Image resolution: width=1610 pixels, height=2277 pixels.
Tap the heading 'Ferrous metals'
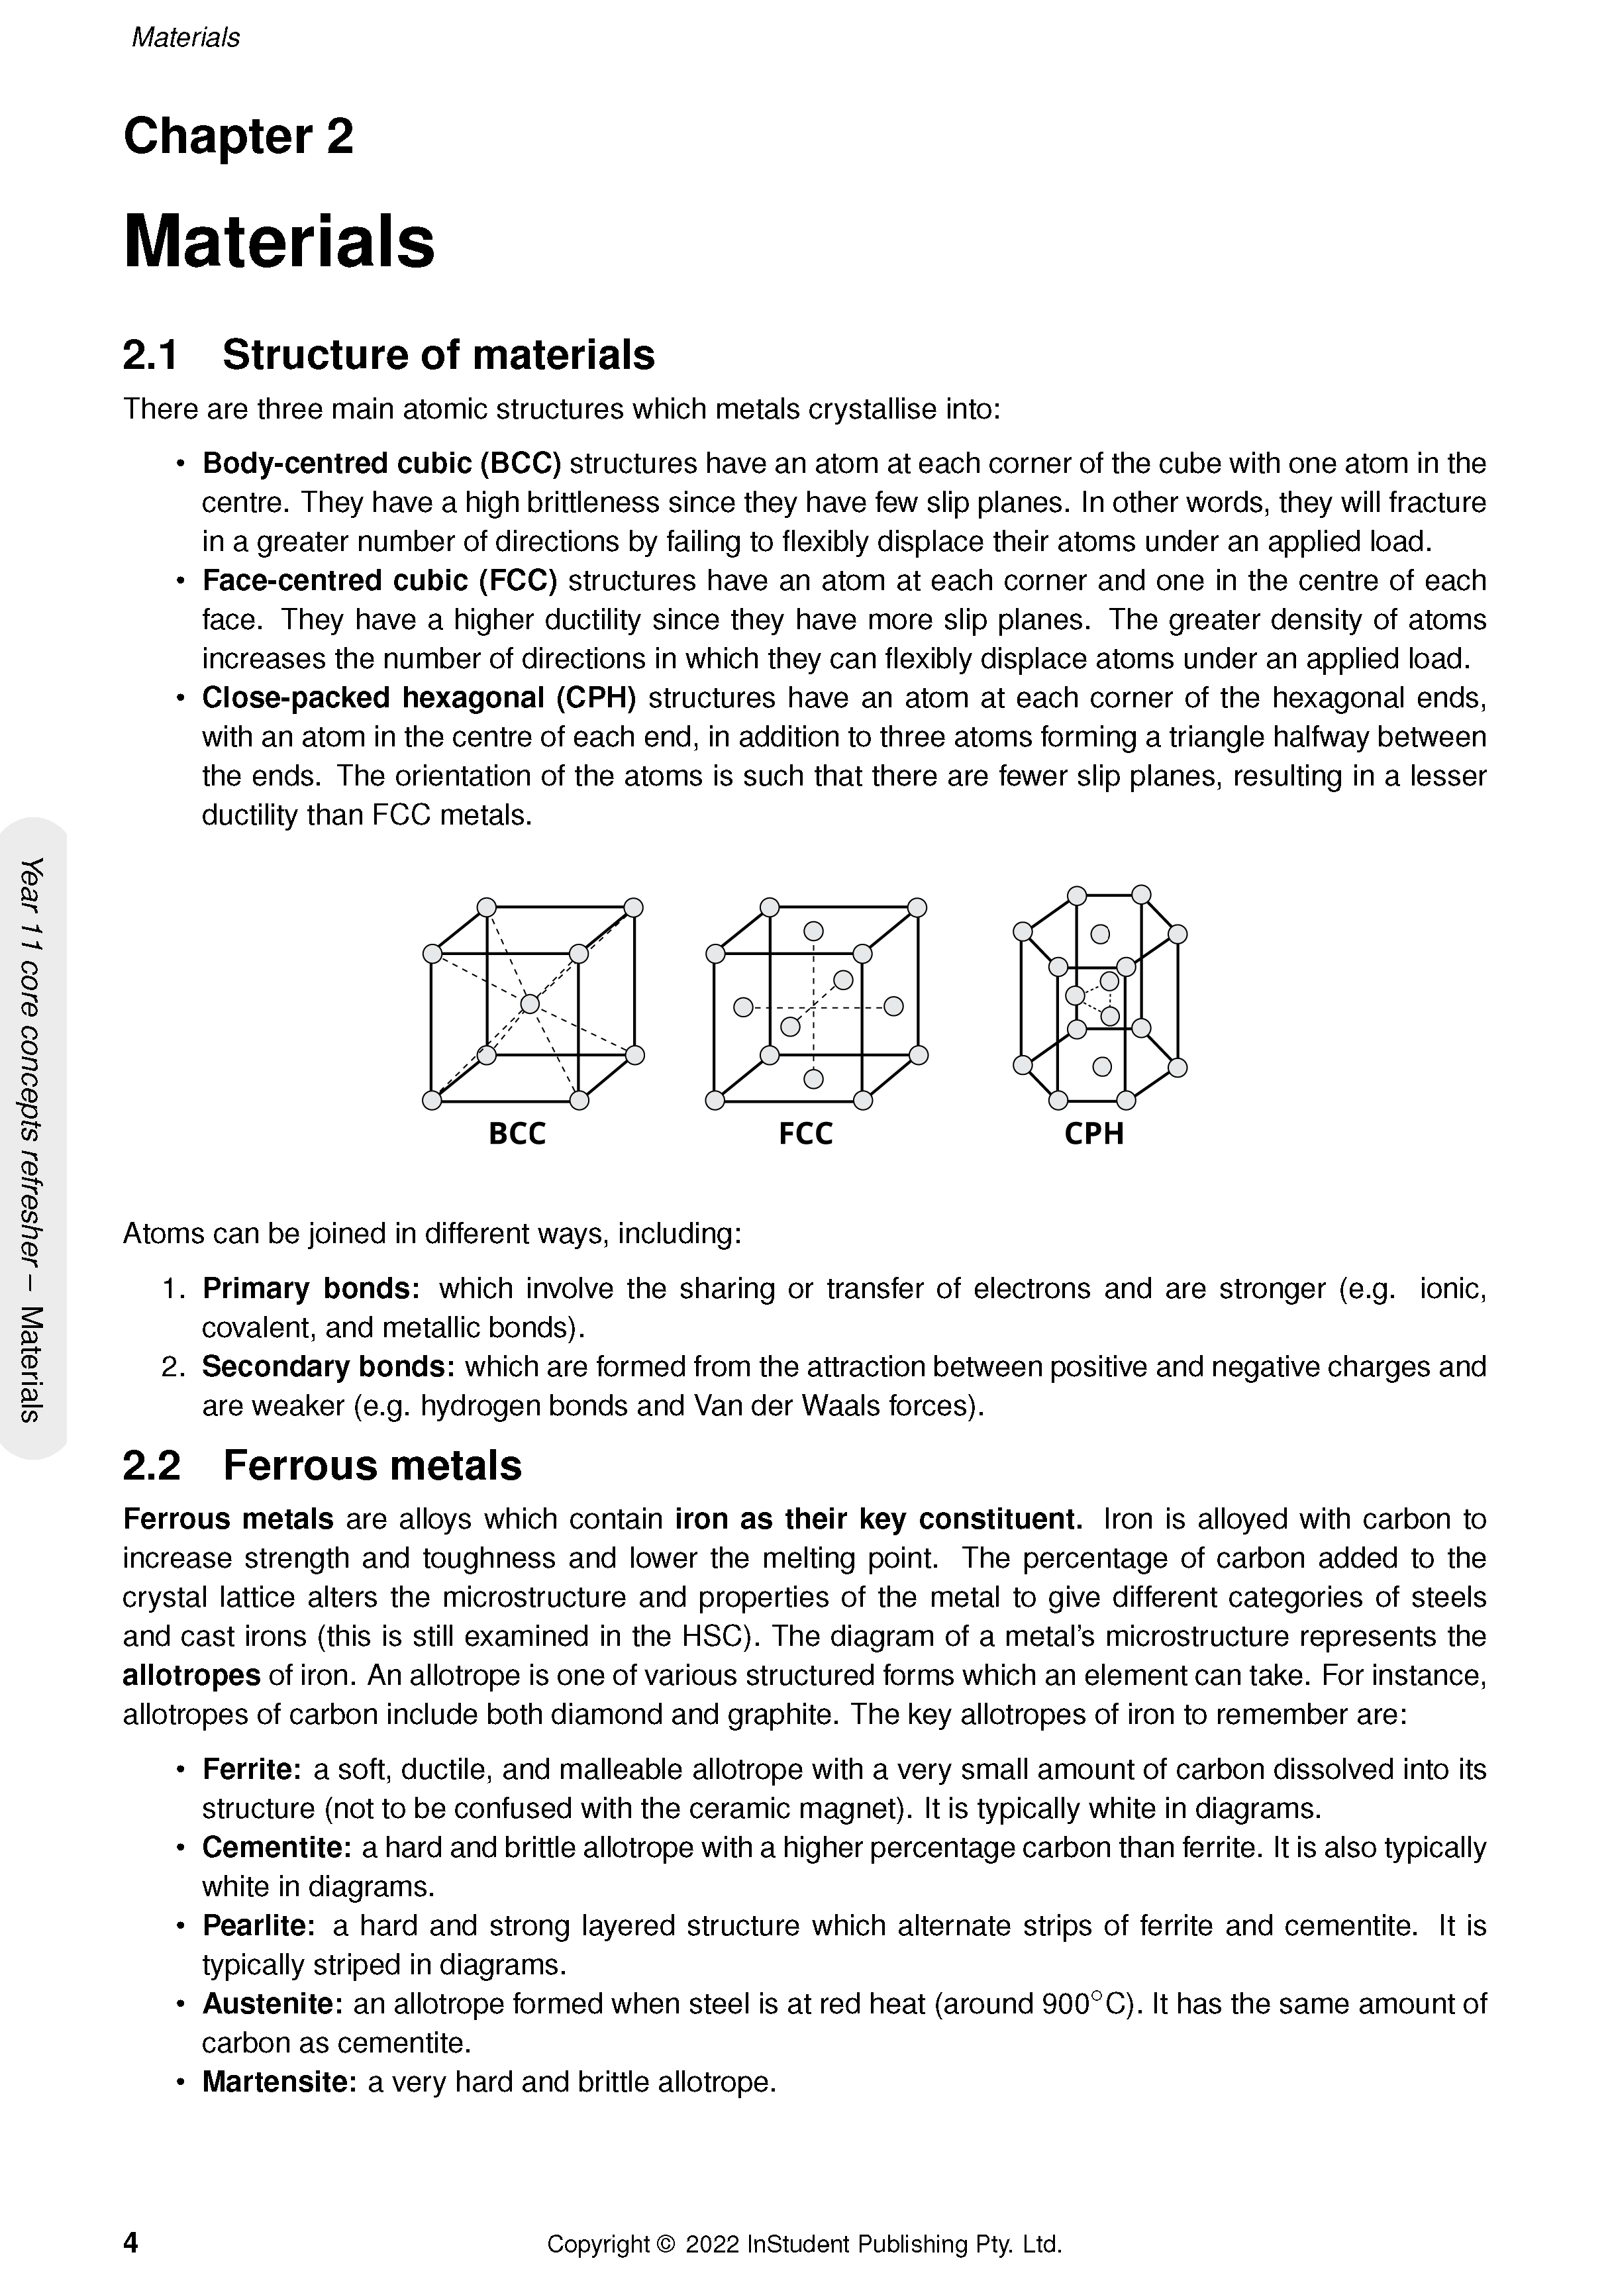pos(372,1465)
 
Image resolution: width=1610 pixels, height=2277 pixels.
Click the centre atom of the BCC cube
pos(530,1003)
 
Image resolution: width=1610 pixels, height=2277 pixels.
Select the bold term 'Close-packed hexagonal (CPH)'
pos(419,698)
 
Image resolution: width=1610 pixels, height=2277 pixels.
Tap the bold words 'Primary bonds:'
pos(311,1288)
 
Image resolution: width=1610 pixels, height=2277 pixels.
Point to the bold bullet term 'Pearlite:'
pos(258,1926)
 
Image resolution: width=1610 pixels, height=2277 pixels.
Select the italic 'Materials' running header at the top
pos(185,38)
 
